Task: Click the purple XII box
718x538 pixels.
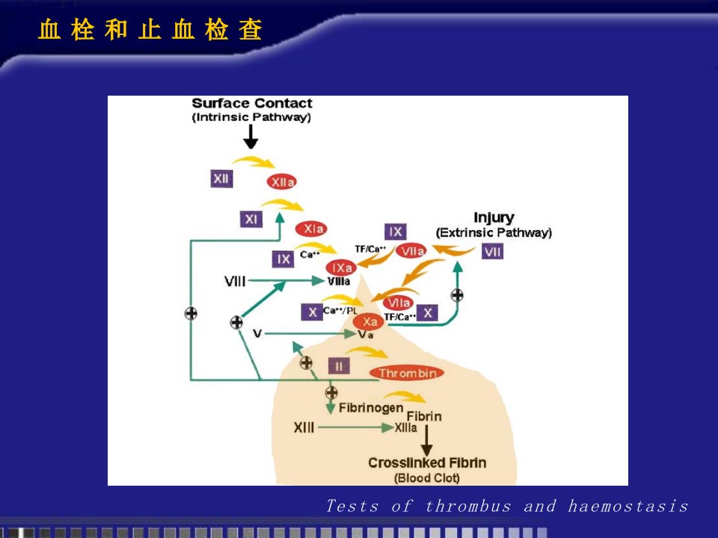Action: pyautogui.click(x=221, y=179)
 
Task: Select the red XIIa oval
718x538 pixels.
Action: pyautogui.click(x=282, y=182)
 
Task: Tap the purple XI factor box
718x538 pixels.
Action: pyautogui.click(x=251, y=219)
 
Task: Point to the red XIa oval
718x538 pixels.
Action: pyautogui.click(x=311, y=229)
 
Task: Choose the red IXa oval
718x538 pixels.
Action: pyautogui.click(x=341, y=268)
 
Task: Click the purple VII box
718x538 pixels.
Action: pyautogui.click(x=493, y=251)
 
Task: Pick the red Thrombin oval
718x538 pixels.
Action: pyautogui.click(x=407, y=373)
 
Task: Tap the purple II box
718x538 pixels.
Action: pyautogui.click(x=339, y=366)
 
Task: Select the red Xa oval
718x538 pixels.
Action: pyautogui.click(x=368, y=321)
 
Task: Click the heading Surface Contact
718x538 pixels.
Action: pyautogui.click(x=252, y=103)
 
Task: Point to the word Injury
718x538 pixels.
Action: pyautogui.click(x=494, y=217)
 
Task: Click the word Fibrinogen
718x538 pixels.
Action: pyautogui.click(x=371, y=408)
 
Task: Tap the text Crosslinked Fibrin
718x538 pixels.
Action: pyautogui.click(x=427, y=463)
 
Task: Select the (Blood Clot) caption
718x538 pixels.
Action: pyautogui.click(x=427, y=478)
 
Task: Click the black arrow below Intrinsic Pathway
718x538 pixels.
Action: pyautogui.click(x=251, y=137)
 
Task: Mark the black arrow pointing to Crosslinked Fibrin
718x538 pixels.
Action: pyautogui.click(x=426, y=441)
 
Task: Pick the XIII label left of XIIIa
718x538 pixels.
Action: pyautogui.click(x=304, y=427)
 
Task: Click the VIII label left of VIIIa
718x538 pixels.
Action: pyautogui.click(x=235, y=281)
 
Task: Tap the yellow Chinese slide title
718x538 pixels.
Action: pyautogui.click(x=150, y=30)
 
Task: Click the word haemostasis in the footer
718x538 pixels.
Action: pyautogui.click(x=628, y=506)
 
